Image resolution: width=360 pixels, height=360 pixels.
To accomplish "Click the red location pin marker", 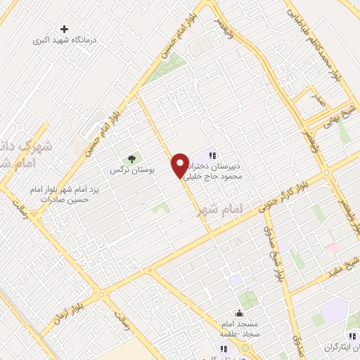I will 181,165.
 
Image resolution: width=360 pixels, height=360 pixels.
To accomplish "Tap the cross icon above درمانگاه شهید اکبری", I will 65,30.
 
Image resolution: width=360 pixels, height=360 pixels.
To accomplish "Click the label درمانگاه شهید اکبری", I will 65,41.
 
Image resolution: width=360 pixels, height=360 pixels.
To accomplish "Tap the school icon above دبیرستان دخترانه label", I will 212,155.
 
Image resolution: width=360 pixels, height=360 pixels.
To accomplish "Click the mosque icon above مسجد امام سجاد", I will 239,314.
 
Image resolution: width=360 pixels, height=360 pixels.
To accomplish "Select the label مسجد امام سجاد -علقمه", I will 238,327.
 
